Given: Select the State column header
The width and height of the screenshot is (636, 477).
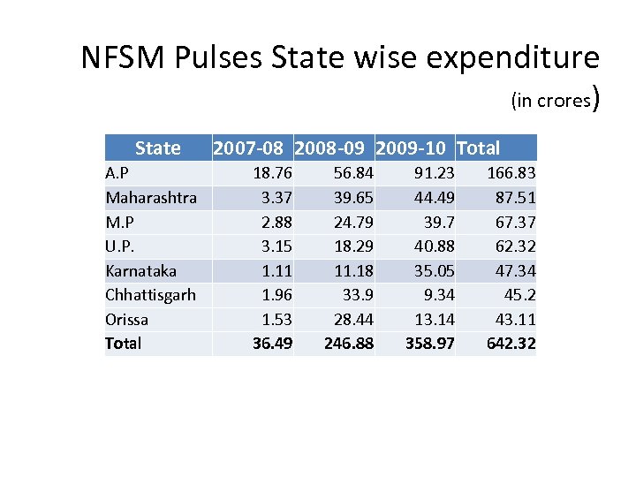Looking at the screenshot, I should pos(158,148).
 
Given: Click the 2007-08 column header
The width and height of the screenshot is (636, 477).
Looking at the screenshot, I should pos(251,148).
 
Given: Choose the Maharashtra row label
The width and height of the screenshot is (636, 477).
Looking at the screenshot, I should pos(151,197).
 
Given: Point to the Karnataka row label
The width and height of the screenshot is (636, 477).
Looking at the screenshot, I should pos(140,270).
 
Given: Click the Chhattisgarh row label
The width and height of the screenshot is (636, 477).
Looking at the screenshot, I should pos(150,294).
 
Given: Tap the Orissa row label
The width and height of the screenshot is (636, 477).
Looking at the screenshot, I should pos(127,319).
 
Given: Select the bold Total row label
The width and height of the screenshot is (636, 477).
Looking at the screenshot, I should pos(123,343).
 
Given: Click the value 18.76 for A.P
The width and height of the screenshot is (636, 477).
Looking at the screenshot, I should pos(273,173).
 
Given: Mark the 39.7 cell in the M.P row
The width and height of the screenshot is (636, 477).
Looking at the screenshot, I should pos(438,222).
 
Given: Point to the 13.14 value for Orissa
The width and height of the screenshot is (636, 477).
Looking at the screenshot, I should pos(435,319).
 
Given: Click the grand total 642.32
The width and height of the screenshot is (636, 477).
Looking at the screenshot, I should pos(511,343).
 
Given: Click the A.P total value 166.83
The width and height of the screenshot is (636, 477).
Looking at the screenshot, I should pos(511,173).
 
